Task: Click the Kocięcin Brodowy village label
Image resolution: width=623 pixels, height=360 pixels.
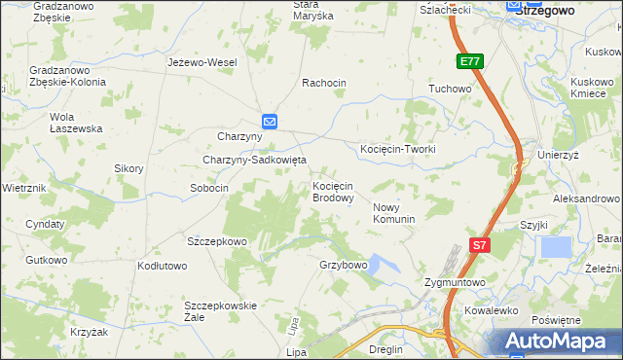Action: [332, 191]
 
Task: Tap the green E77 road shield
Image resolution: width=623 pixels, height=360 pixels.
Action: [470, 61]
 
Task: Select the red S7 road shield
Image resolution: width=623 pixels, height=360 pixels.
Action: [479, 246]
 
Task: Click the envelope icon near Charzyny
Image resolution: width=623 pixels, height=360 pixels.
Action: [270, 121]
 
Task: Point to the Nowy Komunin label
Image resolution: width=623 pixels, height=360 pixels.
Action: [394, 212]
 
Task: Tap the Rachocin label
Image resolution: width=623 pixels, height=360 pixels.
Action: [324, 83]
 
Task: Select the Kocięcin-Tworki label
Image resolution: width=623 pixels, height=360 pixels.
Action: [397, 149]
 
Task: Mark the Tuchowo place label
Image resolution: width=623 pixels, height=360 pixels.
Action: [450, 89]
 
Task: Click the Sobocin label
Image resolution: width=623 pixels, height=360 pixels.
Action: [209, 188]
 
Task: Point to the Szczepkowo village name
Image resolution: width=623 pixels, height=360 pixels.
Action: [218, 240]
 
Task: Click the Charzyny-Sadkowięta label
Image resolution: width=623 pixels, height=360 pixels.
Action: [254, 160]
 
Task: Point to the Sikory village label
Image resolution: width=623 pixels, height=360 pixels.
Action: [128, 168]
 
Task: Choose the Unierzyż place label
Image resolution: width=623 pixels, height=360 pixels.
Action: [559, 155]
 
